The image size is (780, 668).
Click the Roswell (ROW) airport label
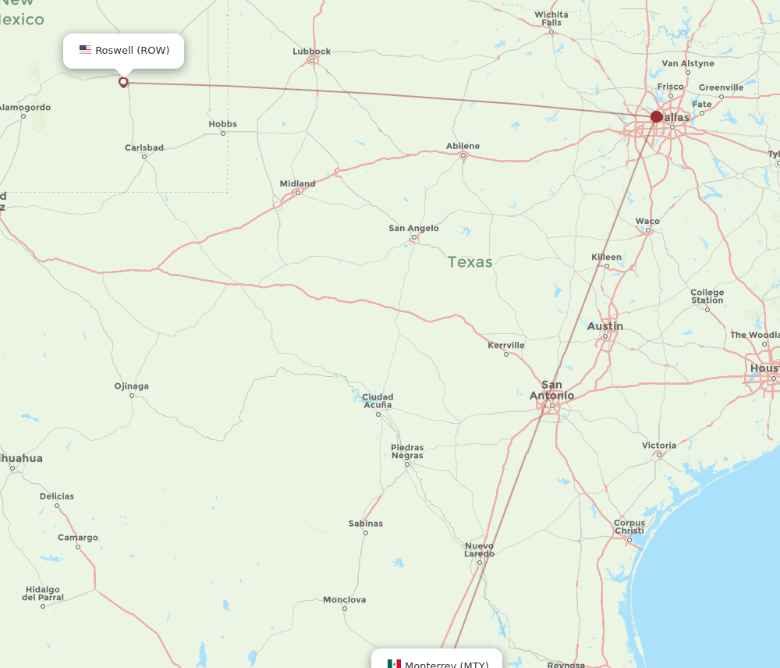coord(132,51)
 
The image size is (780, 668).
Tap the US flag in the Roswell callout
coord(85,50)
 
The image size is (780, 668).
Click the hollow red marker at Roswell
coord(123,82)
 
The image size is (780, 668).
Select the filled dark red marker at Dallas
coord(657,117)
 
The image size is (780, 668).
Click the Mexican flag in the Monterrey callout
coord(394,664)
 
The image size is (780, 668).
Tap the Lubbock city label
coord(311,52)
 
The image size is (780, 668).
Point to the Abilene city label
coord(463,146)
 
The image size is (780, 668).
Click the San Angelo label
coord(413,229)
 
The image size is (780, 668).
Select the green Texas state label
coord(470,261)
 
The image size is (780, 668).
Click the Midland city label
coord(297,184)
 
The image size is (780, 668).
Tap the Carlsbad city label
coord(144,147)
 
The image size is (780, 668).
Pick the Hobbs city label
coord(222,124)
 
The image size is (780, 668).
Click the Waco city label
coord(647,222)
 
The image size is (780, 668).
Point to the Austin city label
coord(604,326)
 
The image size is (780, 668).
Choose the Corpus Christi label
coord(629,527)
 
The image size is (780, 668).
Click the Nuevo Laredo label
coord(479,550)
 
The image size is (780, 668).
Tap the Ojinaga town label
coord(131,386)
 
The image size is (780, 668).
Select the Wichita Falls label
coord(551,19)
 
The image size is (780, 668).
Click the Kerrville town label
coord(505,345)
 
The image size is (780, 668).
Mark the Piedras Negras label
coord(406,451)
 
